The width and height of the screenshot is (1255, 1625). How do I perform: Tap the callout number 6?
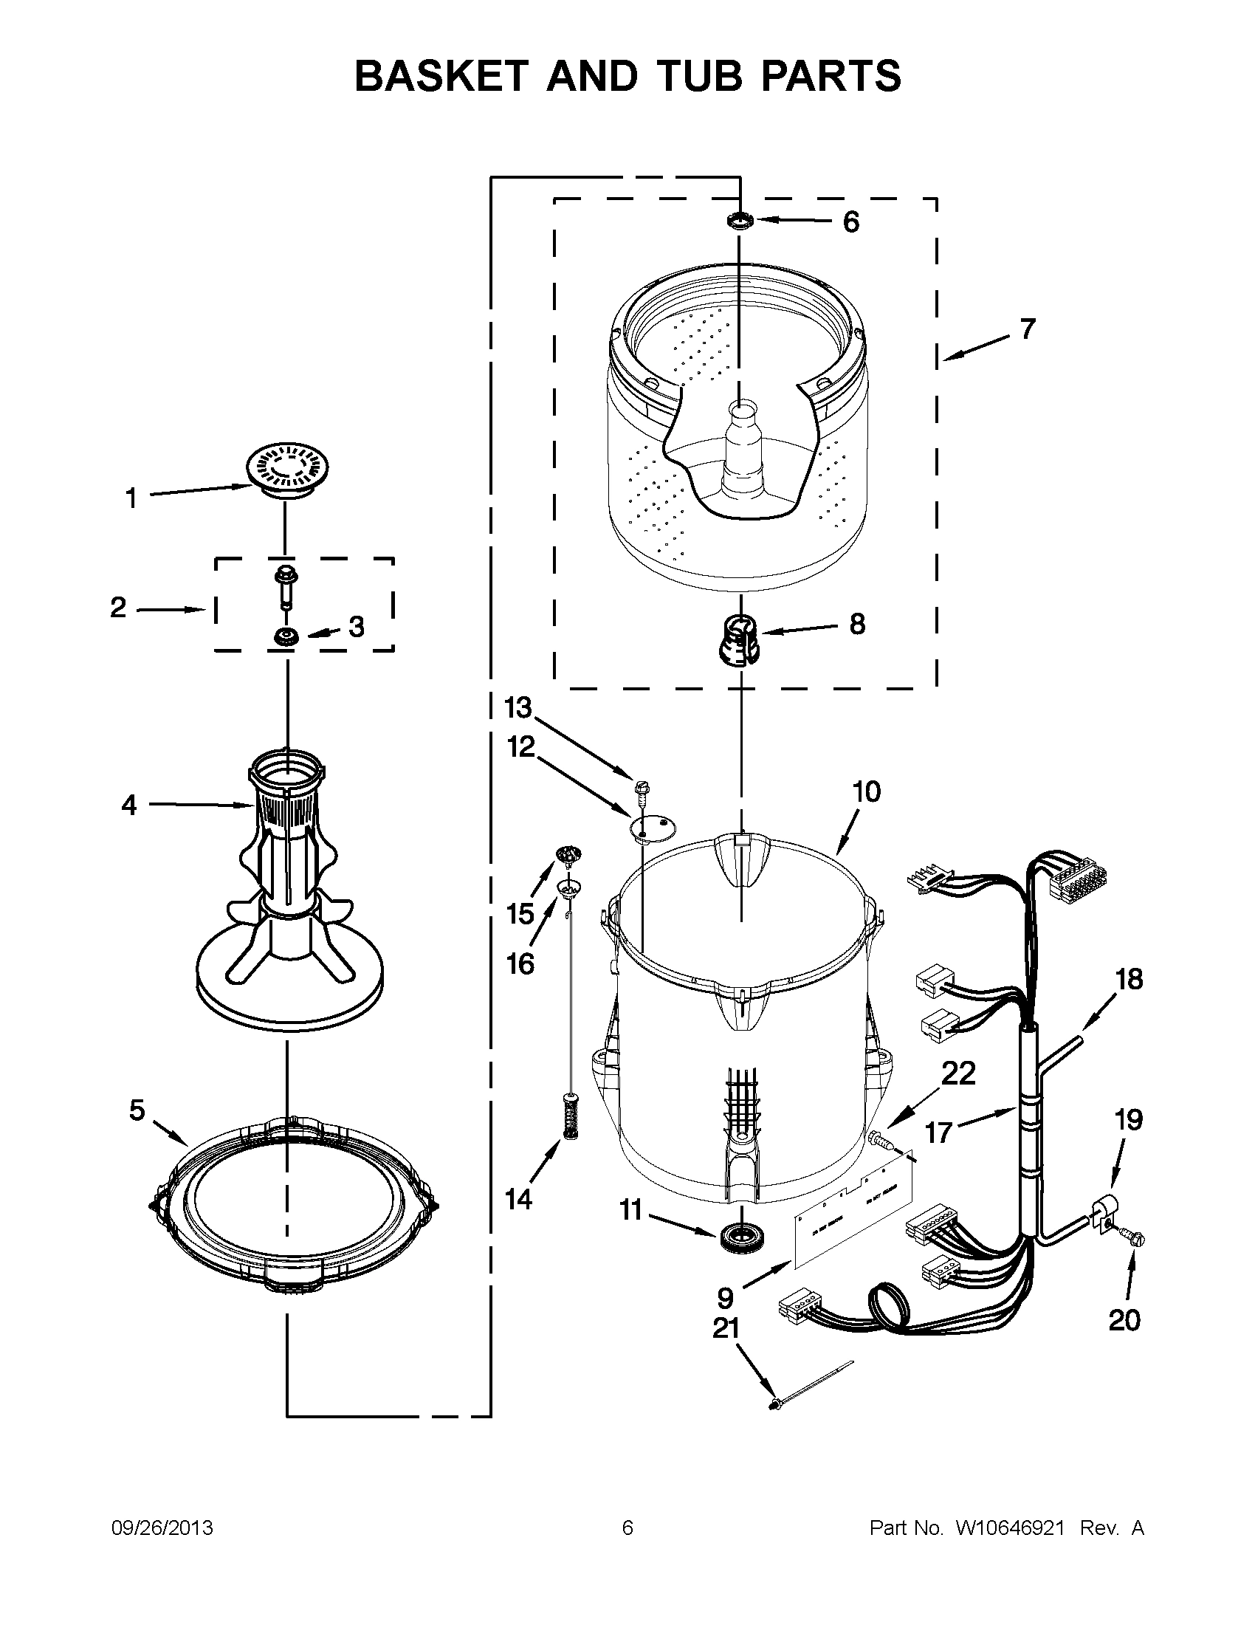pos(850,221)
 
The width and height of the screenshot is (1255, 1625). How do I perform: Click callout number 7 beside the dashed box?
pos(1028,329)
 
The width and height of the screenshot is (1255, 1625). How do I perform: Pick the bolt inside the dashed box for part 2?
pos(286,587)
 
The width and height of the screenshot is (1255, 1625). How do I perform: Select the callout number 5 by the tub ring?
pos(137,1110)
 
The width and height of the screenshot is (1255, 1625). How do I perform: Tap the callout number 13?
pos(518,707)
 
